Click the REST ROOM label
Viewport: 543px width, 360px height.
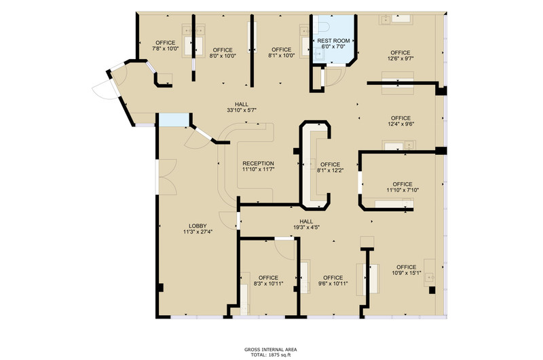(x=333, y=41)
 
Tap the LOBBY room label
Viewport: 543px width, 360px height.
(x=198, y=226)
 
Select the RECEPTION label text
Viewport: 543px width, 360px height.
(x=259, y=163)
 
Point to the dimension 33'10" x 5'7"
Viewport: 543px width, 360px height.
(x=242, y=110)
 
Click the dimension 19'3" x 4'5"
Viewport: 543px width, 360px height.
(x=306, y=228)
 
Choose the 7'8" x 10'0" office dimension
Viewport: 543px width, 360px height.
(x=166, y=48)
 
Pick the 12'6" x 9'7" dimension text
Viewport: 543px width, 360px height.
(x=400, y=58)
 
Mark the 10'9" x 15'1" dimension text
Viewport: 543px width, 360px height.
(x=407, y=273)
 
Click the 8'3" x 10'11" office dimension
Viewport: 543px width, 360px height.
(x=268, y=283)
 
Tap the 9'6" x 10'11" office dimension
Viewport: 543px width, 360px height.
(x=333, y=283)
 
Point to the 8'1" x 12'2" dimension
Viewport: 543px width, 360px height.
(x=331, y=170)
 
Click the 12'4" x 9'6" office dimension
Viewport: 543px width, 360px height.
(x=401, y=124)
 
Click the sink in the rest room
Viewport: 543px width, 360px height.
(x=318, y=54)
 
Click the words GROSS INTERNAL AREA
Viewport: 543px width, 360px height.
(x=270, y=350)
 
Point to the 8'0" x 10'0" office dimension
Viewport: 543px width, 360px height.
(x=223, y=56)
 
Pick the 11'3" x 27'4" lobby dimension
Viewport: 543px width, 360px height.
(x=198, y=232)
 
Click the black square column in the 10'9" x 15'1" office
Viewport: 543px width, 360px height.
(x=432, y=290)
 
